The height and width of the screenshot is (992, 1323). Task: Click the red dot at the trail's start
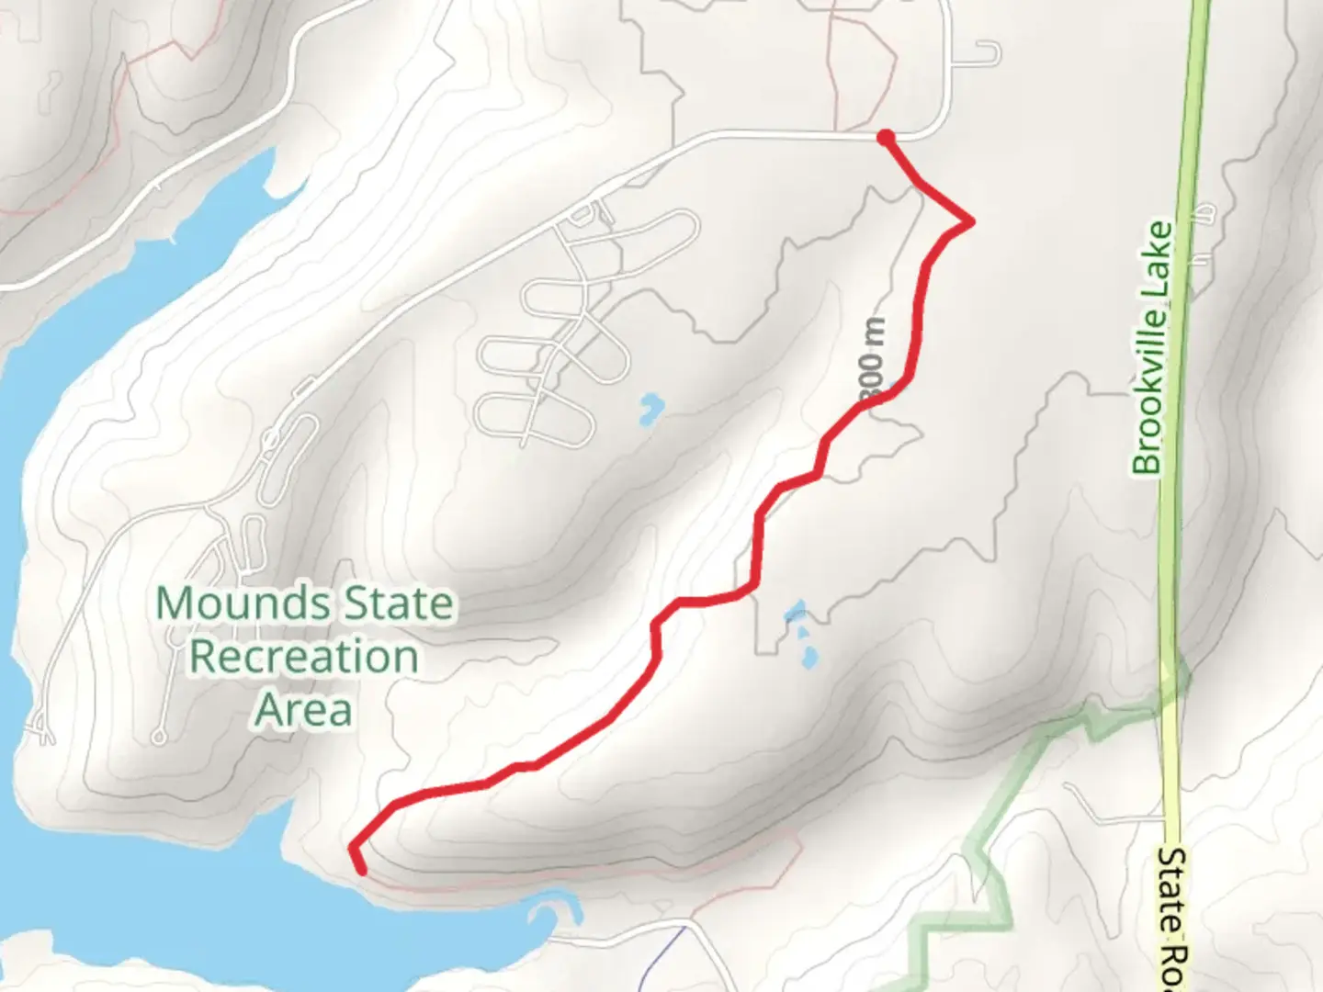[886, 138]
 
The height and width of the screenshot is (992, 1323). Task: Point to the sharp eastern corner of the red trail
[970, 221]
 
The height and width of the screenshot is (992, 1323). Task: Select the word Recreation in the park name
[304, 658]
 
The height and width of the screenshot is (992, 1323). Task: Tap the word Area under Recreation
[303, 710]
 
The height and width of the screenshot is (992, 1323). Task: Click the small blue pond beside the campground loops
[650, 408]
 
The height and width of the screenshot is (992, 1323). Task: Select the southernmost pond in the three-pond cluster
[809, 658]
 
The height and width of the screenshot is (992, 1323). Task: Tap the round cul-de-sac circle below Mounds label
[160, 737]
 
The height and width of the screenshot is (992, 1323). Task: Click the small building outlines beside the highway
[1201, 216]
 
